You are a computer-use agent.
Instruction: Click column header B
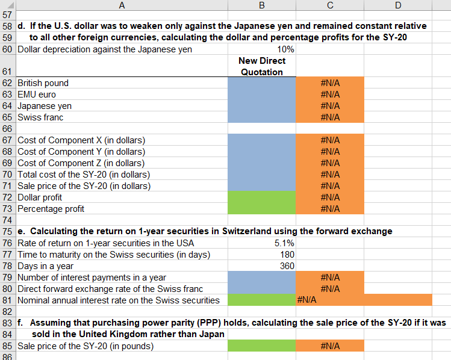(x=261, y=5)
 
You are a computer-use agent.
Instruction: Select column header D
(x=397, y=5)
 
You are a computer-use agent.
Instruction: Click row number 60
(x=7, y=49)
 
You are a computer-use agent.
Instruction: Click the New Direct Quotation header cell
(x=261, y=66)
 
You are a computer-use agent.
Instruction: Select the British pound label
(x=43, y=83)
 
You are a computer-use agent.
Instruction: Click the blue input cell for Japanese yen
(x=261, y=106)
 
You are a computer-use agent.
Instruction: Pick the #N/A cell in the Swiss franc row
(x=330, y=117)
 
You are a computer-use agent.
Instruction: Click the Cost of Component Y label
(x=81, y=152)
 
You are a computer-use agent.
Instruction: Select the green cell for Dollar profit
(x=261, y=197)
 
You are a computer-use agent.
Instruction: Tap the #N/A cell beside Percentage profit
(x=330, y=209)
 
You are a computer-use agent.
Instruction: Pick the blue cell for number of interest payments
(x=261, y=278)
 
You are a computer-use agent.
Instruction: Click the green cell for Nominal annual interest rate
(x=261, y=300)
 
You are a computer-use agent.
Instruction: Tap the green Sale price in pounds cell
(x=261, y=346)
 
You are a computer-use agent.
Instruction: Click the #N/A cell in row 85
(x=330, y=346)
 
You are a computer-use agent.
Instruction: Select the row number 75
(x=7, y=232)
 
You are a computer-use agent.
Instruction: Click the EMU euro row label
(x=37, y=95)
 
